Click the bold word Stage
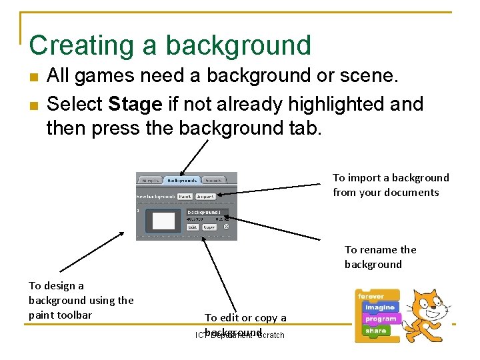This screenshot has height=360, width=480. point(135,105)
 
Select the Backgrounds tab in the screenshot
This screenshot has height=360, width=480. point(181,180)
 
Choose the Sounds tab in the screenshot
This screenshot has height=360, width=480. point(213,180)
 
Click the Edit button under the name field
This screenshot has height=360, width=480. point(191,227)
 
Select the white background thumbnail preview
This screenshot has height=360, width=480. point(163,221)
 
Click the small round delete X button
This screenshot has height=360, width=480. point(225,227)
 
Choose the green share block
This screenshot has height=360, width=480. point(375,330)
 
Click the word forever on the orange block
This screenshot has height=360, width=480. point(371,296)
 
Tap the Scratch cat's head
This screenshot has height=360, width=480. point(427,302)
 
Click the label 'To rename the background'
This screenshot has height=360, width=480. point(380,257)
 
